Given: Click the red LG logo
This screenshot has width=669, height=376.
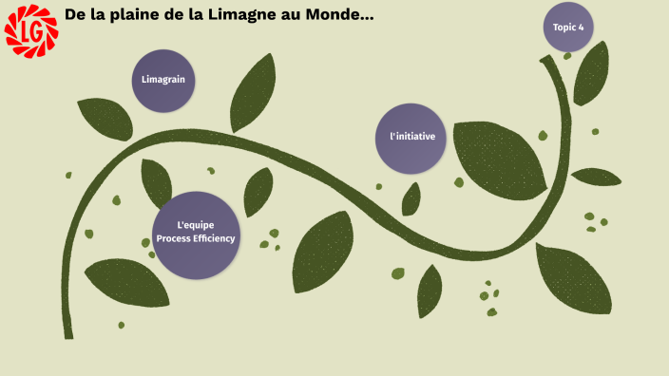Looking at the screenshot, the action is pos(31,30).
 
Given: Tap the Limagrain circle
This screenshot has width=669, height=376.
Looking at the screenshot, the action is pos(163,81).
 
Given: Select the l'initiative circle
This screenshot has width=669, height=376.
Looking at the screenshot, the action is pos(411,138).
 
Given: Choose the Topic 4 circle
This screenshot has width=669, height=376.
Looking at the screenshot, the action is pos(568,28).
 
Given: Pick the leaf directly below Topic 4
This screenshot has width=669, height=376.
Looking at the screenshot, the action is pos(590,74).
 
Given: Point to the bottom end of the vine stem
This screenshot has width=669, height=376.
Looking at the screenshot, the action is pos(68,334).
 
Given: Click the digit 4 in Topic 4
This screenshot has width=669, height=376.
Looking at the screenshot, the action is pos(581,28).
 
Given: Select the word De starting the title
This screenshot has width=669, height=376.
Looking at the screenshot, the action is pos(74,15).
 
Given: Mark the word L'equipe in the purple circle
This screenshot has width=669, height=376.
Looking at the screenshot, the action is pos(195,225).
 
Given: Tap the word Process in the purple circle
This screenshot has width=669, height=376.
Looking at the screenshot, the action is pos(173,239).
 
